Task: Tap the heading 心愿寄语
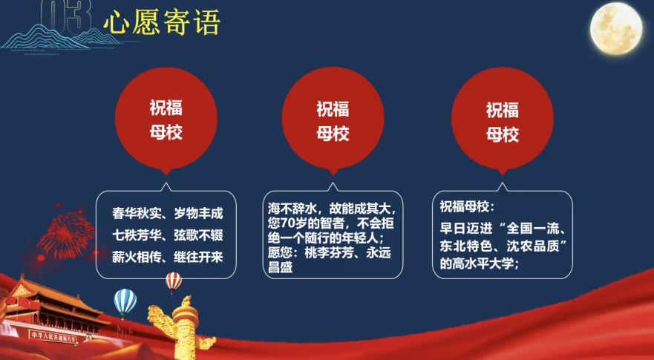click(x=162, y=23)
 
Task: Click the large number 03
click(x=65, y=16)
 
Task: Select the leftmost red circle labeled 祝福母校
click(x=166, y=120)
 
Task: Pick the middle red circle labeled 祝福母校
click(x=333, y=120)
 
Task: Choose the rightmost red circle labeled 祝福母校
click(x=502, y=120)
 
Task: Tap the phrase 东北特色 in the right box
click(x=465, y=245)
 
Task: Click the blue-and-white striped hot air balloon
click(x=125, y=301)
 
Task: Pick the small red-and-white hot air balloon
click(x=173, y=281)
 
